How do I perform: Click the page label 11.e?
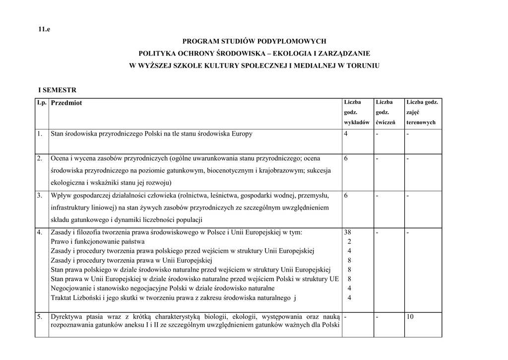click(45, 29)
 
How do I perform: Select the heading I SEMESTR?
click(58, 90)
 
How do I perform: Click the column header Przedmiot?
click(66, 103)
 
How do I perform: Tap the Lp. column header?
click(41, 102)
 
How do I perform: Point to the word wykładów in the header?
click(356, 122)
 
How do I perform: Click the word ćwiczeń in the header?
click(385, 122)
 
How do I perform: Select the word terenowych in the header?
click(421, 122)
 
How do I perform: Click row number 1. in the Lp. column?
click(39, 134)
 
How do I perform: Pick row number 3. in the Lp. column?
click(39, 196)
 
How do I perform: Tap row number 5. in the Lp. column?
click(39, 316)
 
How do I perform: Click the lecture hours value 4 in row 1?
click(346, 134)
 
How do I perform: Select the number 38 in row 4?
click(347, 232)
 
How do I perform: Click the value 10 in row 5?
click(410, 316)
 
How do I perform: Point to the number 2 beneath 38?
click(349, 241)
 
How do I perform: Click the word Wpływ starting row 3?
click(61, 196)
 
